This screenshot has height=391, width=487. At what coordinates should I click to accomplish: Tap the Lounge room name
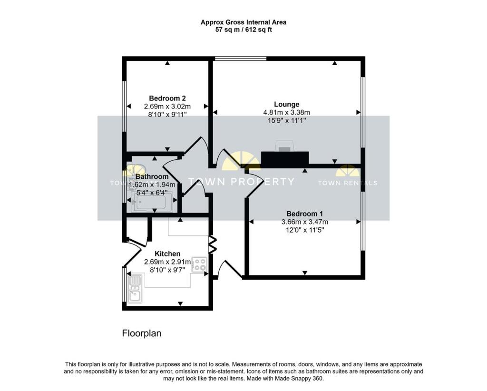286,104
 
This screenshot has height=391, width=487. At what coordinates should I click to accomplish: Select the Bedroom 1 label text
305,214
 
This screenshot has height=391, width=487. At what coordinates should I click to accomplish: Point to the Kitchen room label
167,254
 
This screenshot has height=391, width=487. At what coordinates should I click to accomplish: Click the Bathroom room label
152,176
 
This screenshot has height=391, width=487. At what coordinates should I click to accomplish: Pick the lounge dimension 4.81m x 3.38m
286,112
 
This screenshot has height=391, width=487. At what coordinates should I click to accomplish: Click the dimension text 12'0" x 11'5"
305,229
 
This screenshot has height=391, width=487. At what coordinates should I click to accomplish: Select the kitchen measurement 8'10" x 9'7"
167,269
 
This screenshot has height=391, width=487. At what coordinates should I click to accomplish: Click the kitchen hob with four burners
199,265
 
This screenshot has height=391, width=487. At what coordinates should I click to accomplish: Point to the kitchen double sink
135,289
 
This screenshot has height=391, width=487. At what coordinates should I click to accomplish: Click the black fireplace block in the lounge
285,158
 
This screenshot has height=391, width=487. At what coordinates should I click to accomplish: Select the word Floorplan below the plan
142,333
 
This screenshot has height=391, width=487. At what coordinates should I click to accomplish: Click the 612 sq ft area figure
258,29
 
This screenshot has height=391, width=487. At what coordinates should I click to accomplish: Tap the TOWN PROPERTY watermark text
242,182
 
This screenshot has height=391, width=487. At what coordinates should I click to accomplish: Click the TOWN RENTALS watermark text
347,183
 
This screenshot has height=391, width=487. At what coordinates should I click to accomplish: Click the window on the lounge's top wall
240,59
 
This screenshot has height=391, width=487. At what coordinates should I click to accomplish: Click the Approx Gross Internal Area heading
243,22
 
